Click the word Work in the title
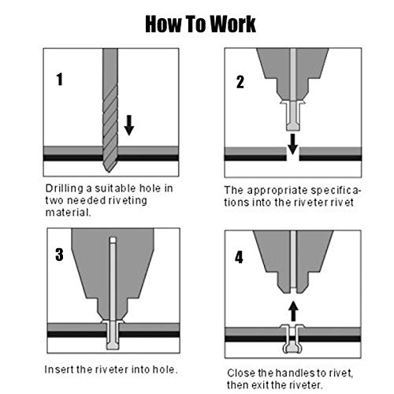coord(232,24)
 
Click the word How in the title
coord(163,24)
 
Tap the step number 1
coord(60,79)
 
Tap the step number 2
coord(240,82)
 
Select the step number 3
coord(59,255)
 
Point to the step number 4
coord(239,257)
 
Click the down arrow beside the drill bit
coord(129,125)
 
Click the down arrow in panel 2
coord(292,144)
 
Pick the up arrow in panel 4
coord(293,311)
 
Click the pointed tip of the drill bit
coord(110,172)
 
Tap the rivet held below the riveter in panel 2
coord(293,115)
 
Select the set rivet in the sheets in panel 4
coord(293,339)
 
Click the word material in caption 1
coord(68,212)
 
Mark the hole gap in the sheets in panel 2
coord(293,154)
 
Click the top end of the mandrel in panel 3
coord(113,238)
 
